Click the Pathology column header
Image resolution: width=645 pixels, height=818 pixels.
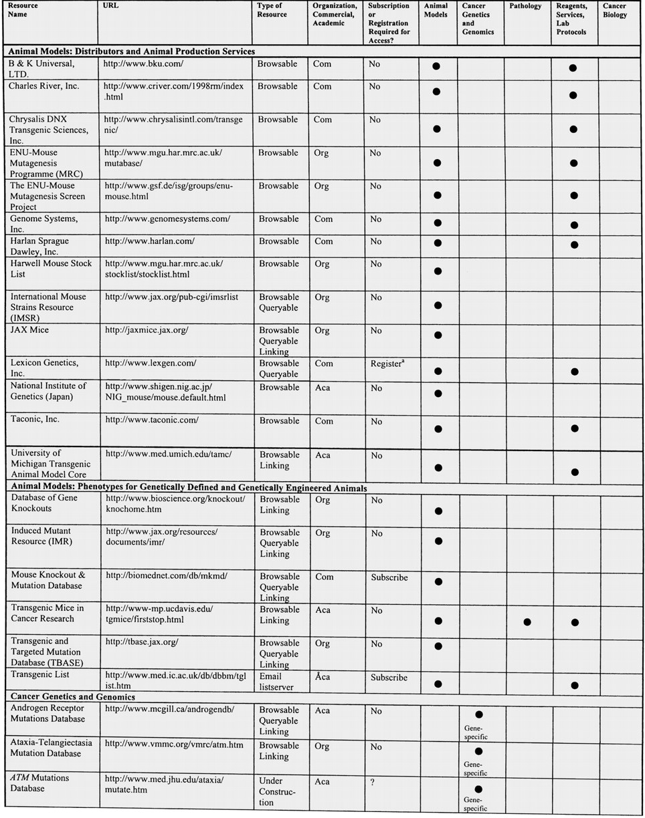tap(525, 7)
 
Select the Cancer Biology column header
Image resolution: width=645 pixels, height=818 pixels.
tap(614, 11)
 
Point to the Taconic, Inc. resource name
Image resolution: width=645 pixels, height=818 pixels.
tap(35, 420)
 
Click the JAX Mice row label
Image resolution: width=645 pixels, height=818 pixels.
tap(29, 330)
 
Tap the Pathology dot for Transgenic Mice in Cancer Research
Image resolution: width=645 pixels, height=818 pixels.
tap(527, 622)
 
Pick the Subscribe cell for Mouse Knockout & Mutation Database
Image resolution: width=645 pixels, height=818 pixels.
tap(389, 577)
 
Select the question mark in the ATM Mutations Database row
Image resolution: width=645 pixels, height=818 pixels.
tap(373, 782)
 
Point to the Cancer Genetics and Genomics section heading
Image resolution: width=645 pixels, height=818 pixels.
tap(72, 697)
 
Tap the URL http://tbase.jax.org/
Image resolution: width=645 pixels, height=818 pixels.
tap(142, 643)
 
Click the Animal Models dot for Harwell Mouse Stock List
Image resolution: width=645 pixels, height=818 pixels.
tap(438, 271)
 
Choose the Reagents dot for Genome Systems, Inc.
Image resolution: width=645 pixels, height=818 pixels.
tap(573, 225)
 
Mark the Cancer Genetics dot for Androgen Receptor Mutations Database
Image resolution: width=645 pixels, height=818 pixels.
tap(478, 715)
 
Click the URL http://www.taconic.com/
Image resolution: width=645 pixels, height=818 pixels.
tap(152, 421)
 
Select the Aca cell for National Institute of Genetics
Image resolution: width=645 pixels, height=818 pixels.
tap(323, 388)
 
